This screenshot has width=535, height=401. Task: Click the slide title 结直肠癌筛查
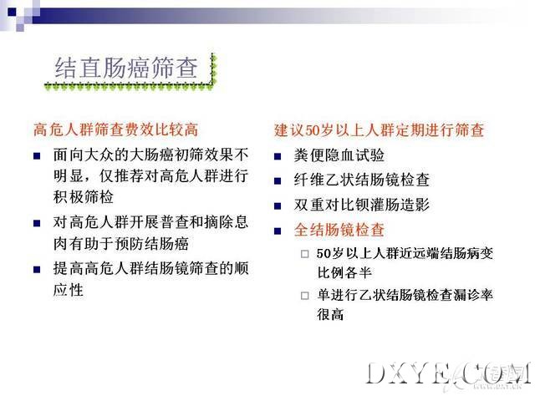pyautogui.click(x=126, y=68)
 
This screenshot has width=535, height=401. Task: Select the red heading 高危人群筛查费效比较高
pyautogui.click(x=115, y=130)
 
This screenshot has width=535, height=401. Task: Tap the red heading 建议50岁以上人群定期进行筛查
pyautogui.click(x=379, y=130)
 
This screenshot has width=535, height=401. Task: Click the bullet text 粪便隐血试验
pyautogui.click(x=339, y=155)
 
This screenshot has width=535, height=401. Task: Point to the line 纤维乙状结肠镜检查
pyautogui.click(x=362, y=180)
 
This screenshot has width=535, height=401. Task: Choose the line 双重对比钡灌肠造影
pyautogui.click(x=362, y=205)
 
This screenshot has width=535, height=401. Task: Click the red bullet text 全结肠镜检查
pyautogui.click(x=339, y=230)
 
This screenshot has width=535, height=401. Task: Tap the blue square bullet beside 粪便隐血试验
pyautogui.click(x=278, y=156)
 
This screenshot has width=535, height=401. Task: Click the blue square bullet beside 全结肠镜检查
pyautogui.click(x=278, y=231)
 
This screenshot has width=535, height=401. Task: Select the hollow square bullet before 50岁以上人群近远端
pyautogui.click(x=304, y=254)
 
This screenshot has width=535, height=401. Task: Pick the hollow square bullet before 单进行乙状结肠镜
pyautogui.click(x=304, y=295)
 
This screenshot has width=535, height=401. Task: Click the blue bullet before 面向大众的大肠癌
pyautogui.click(x=37, y=156)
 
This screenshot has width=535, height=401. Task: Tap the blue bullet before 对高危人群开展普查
pyautogui.click(x=37, y=223)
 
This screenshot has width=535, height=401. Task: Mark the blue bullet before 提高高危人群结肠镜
pyautogui.click(x=37, y=270)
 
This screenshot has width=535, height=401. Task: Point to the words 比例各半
pyautogui.click(x=344, y=273)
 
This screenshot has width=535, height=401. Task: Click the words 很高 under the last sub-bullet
pyautogui.click(x=330, y=314)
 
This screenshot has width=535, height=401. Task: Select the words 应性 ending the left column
pyautogui.click(x=69, y=290)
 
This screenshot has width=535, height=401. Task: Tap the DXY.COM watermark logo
pyautogui.click(x=448, y=375)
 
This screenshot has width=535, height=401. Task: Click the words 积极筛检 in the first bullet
pyautogui.click(x=84, y=197)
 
